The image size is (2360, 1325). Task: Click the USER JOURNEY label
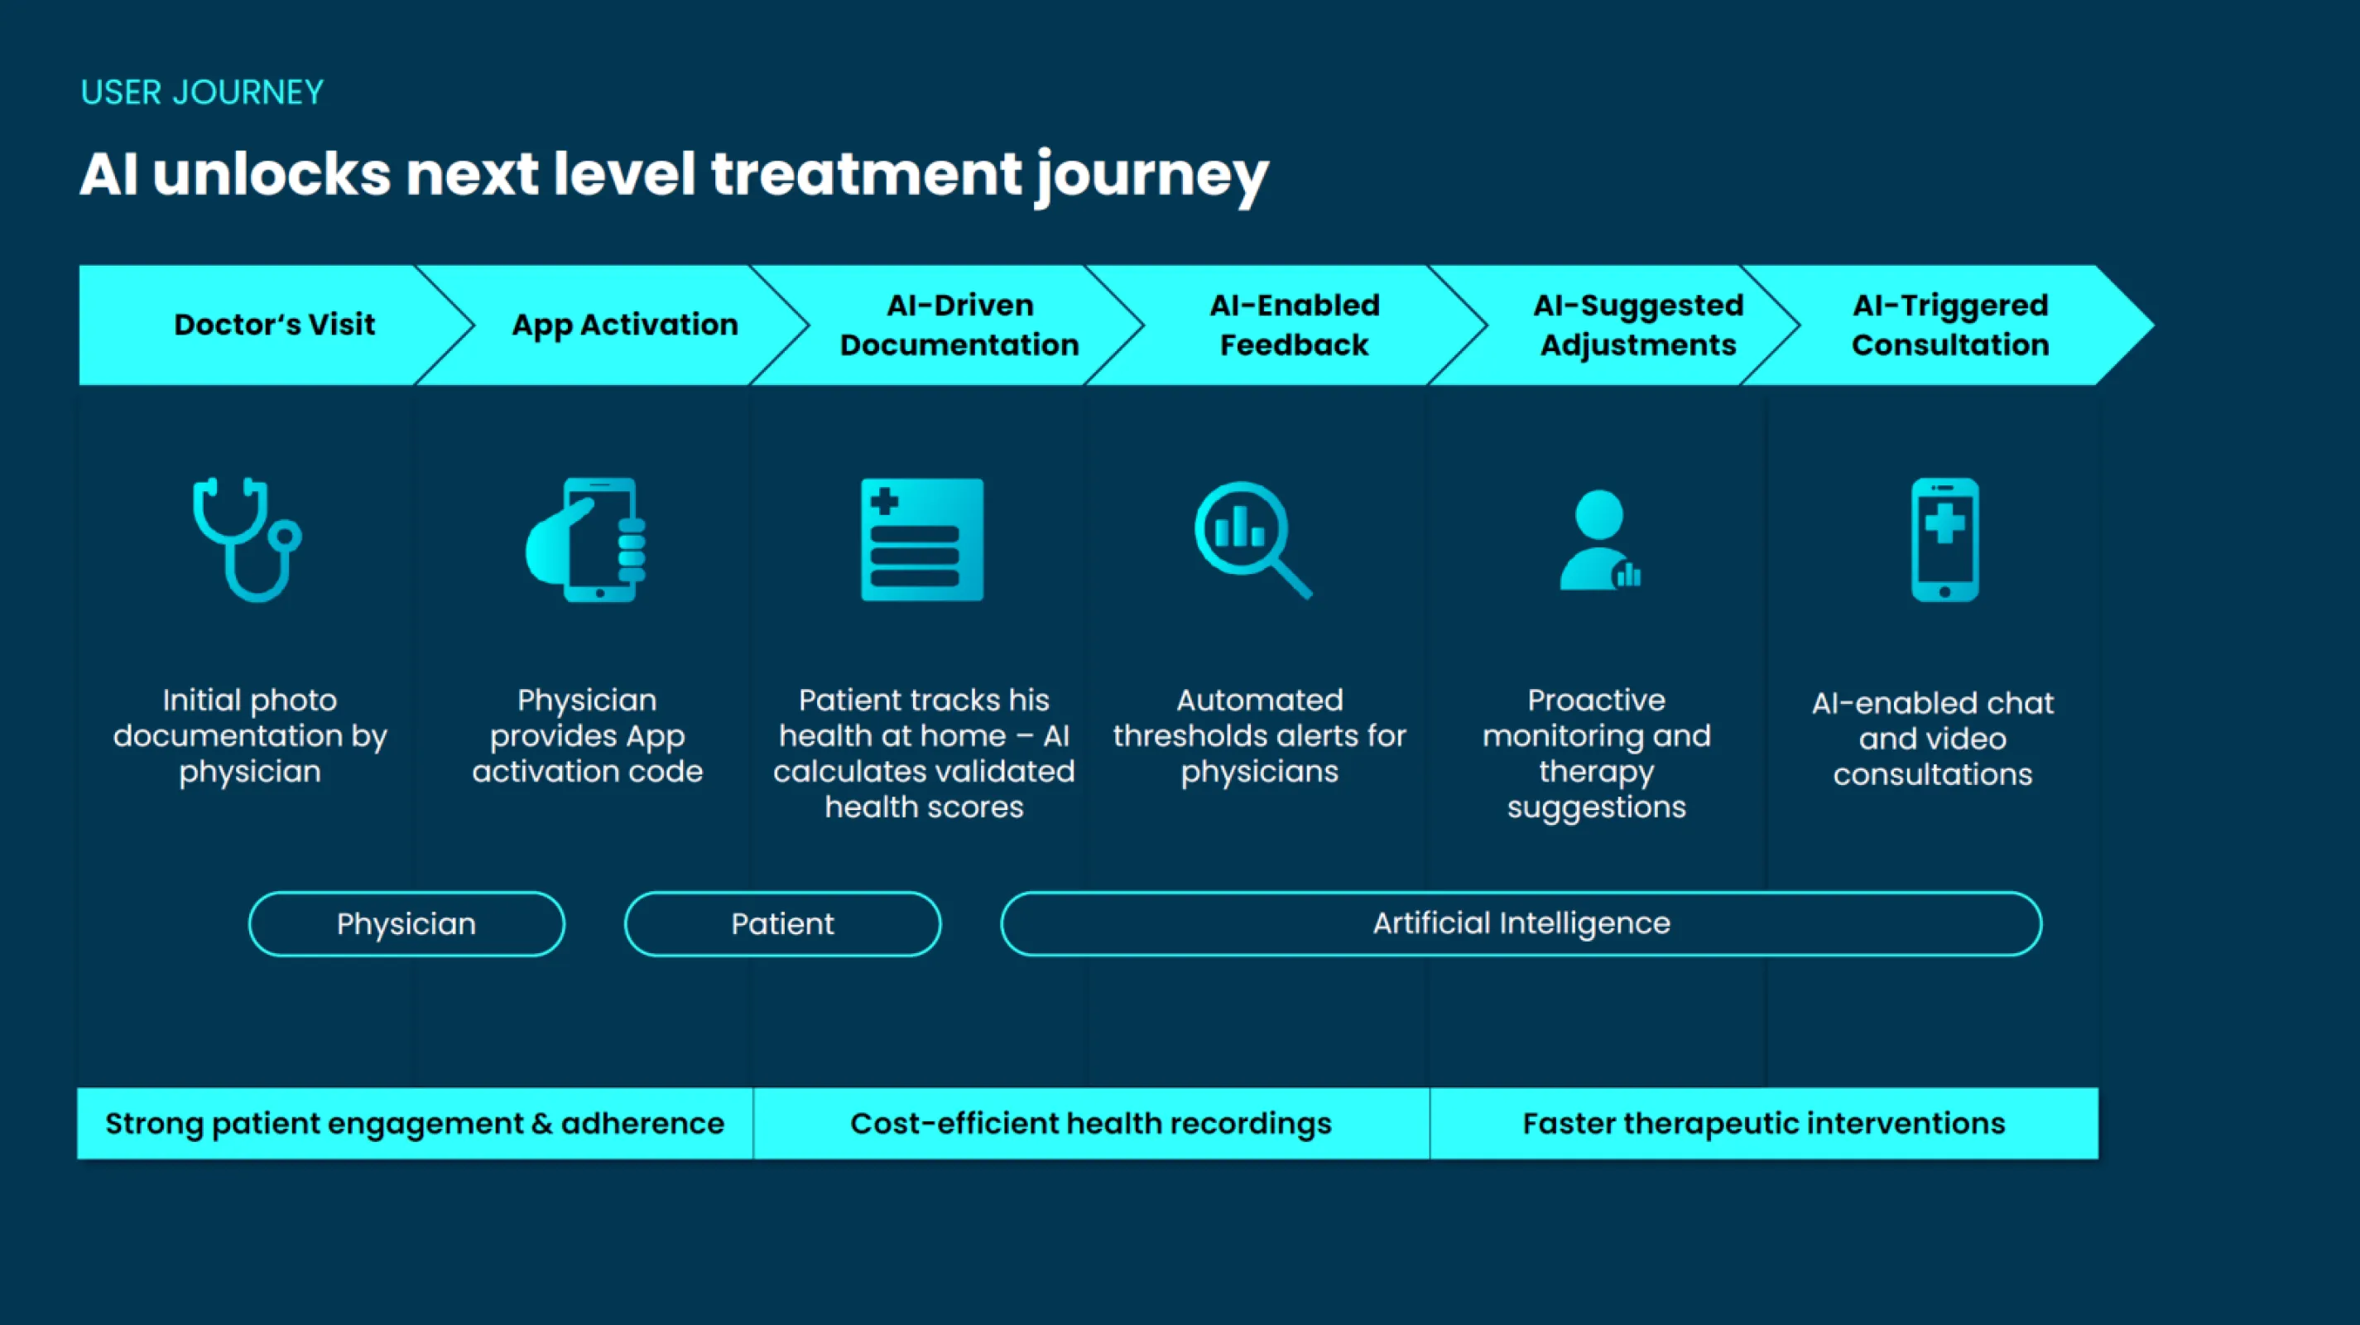click(201, 93)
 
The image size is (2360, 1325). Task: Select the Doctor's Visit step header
click(274, 325)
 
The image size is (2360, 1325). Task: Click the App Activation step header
click(625, 325)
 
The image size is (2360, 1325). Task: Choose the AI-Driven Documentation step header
click(959, 325)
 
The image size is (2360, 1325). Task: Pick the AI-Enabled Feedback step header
click(1294, 325)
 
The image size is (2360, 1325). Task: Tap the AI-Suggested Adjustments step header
click(1638, 325)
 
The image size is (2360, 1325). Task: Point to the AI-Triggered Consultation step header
click(1949, 325)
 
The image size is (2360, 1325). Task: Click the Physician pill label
click(406, 923)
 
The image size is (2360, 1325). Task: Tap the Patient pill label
click(782, 923)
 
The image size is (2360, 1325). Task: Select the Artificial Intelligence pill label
click(1521, 923)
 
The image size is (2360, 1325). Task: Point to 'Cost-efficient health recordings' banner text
click(1090, 1124)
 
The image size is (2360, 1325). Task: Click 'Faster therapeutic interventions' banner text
click(1764, 1124)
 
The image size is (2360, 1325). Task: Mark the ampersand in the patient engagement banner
click(542, 1125)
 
